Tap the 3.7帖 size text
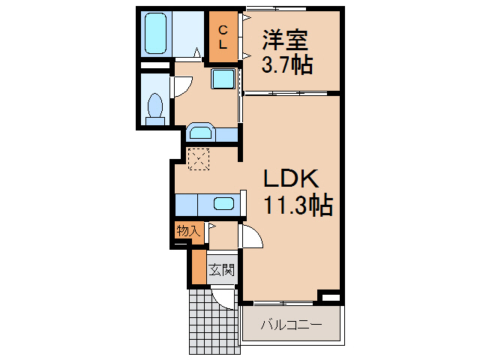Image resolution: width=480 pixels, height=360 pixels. coord(287,65)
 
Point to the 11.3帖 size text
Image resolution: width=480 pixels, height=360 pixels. coord(297,205)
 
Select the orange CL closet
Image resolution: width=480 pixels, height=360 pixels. coord(223,36)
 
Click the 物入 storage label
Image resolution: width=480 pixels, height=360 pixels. coord(187,231)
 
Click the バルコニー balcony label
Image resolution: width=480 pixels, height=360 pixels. coord(290,325)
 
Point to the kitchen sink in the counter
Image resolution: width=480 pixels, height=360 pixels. coord(223,203)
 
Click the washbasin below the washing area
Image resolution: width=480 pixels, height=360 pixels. coord(200,133)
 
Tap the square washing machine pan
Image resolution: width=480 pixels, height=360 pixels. coord(223,79)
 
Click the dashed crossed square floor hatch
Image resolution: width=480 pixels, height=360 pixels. coord(199,159)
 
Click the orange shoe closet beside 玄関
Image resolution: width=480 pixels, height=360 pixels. coord(199,268)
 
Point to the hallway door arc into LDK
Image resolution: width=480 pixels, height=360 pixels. coord(252,238)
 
